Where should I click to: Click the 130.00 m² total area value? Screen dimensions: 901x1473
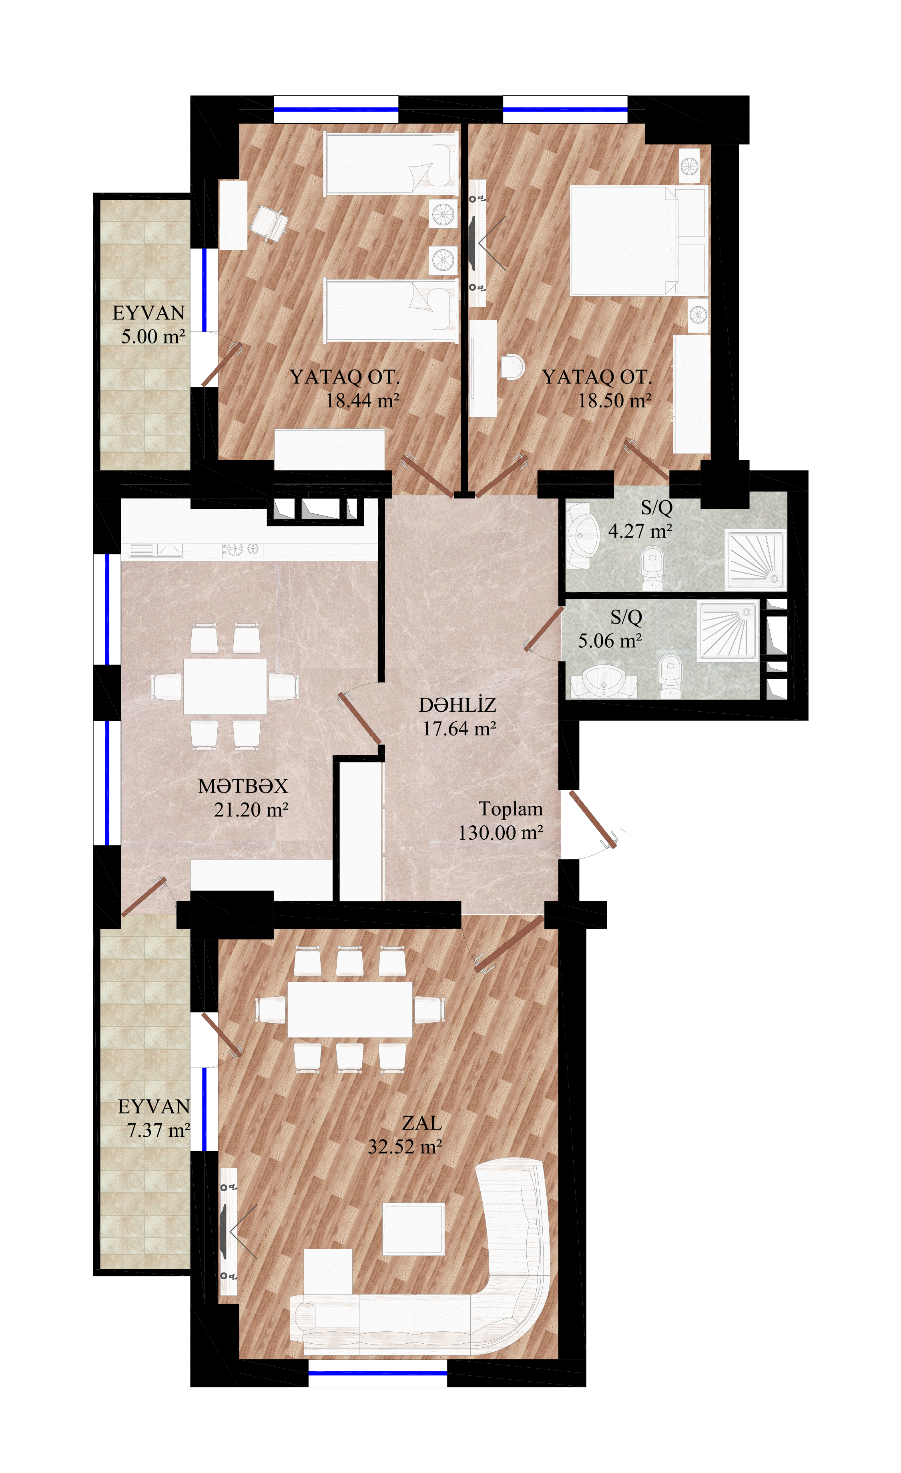click(x=500, y=833)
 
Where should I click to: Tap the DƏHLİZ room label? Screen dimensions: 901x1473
click(x=458, y=705)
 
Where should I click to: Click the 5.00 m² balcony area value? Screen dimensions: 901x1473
click(x=153, y=337)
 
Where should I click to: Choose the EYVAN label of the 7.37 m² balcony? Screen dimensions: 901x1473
click(x=154, y=1106)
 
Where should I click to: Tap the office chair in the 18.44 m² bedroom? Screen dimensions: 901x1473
click(x=269, y=223)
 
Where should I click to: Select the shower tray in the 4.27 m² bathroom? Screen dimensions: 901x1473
click(x=755, y=560)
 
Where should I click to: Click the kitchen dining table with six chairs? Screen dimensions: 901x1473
click(x=225, y=686)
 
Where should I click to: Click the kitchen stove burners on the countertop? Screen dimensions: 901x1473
click(x=243, y=549)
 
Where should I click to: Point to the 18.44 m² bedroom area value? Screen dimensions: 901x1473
click(x=362, y=401)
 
